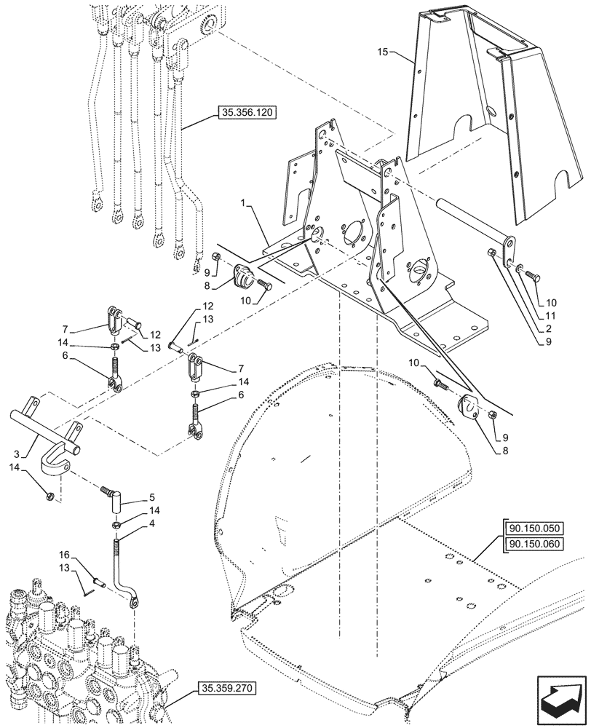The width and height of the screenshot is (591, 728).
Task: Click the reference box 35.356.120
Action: tap(245, 113)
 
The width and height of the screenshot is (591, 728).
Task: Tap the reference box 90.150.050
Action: tap(533, 529)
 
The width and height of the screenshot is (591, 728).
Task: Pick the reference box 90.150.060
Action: tap(533, 545)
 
